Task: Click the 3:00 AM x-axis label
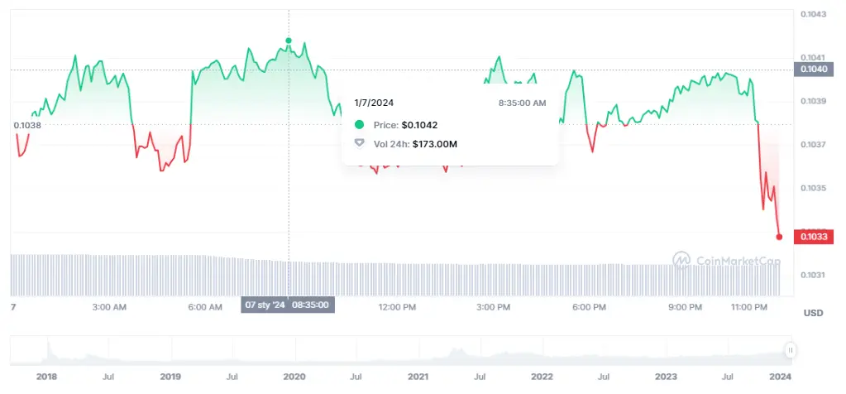pyautogui.click(x=108, y=306)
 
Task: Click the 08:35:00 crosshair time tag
pyautogui.click(x=311, y=305)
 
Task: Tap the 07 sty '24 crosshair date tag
pyautogui.click(x=264, y=305)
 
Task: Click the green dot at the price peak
pyautogui.click(x=289, y=41)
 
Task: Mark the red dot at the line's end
pyautogui.click(x=779, y=237)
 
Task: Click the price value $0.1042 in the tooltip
pyautogui.click(x=419, y=125)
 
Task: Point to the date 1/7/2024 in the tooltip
pyautogui.click(x=373, y=103)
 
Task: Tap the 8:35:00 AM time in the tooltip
pyautogui.click(x=522, y=103)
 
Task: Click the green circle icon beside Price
pyautogui.click(x=359, y=125)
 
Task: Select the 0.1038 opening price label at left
pyautogui.click(x=27, y=125)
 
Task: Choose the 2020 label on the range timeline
pyautogui.click(x=294, y=377)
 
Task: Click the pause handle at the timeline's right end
pyautogui.click(x=791, y=350)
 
